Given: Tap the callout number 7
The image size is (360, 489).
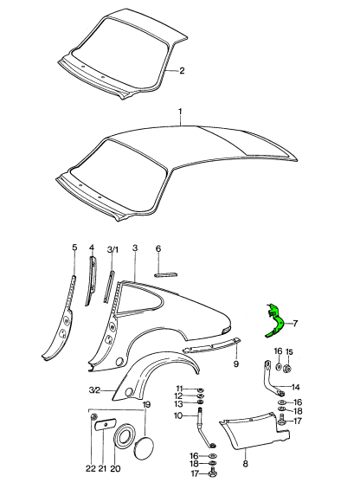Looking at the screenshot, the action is [295, 323].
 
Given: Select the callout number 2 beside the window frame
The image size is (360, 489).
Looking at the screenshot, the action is [182, 70].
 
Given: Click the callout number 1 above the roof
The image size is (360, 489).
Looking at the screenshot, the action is [180, 112].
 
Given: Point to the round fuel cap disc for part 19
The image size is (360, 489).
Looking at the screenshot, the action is [144, 448].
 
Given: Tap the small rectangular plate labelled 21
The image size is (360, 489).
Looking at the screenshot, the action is [106, 424].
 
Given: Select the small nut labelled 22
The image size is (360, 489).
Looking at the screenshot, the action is [93, 417].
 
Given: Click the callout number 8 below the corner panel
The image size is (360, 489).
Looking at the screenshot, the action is [245, 464].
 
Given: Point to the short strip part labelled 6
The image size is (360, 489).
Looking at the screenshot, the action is [166, 274].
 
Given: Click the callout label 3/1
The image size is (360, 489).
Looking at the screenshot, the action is [112, 250].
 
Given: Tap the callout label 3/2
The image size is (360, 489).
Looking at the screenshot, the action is [94, 390].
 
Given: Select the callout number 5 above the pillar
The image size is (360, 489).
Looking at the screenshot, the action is [74, 248].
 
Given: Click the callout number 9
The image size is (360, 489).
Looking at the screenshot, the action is [236, 364].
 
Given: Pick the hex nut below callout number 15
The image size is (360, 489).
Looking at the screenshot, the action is [287, 369].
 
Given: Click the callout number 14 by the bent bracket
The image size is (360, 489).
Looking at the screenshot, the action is [295, 388].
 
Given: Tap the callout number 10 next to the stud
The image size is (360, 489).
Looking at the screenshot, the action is [178, 415].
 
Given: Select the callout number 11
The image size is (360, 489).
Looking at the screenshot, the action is [179, 389].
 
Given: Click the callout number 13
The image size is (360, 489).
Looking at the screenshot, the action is [179, 404].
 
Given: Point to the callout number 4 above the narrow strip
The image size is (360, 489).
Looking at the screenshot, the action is [92, 248].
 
